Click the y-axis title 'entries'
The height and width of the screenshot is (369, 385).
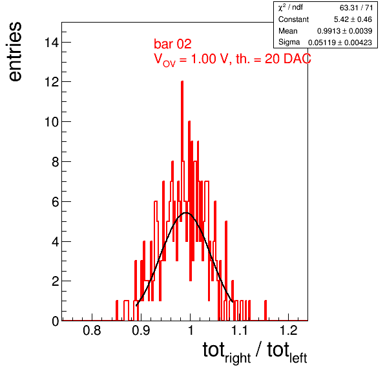16,52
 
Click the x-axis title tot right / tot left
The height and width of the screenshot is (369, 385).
255,352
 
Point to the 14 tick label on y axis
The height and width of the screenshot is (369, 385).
52,43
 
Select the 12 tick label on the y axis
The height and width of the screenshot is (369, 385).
52,82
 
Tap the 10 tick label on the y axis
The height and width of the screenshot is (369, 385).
52,122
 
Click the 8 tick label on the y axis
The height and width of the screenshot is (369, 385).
56,162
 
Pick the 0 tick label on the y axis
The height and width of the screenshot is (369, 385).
56,321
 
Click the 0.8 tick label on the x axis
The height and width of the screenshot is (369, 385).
92,330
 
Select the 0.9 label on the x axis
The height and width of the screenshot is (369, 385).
141,330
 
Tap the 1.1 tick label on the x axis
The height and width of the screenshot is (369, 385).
240,330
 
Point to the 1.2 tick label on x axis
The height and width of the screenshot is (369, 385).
289,330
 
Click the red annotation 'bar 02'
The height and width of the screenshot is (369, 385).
172,44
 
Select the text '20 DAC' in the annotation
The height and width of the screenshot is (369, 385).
287,59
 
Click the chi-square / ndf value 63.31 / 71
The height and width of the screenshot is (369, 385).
357,8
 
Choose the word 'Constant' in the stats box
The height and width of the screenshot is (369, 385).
293,19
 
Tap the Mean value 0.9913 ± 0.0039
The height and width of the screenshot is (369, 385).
344,31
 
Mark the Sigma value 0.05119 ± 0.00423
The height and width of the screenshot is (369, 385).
340,43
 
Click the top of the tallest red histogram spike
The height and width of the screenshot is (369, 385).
182,81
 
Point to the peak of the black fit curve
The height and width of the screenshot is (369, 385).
186,213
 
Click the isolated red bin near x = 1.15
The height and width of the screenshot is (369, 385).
265,310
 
